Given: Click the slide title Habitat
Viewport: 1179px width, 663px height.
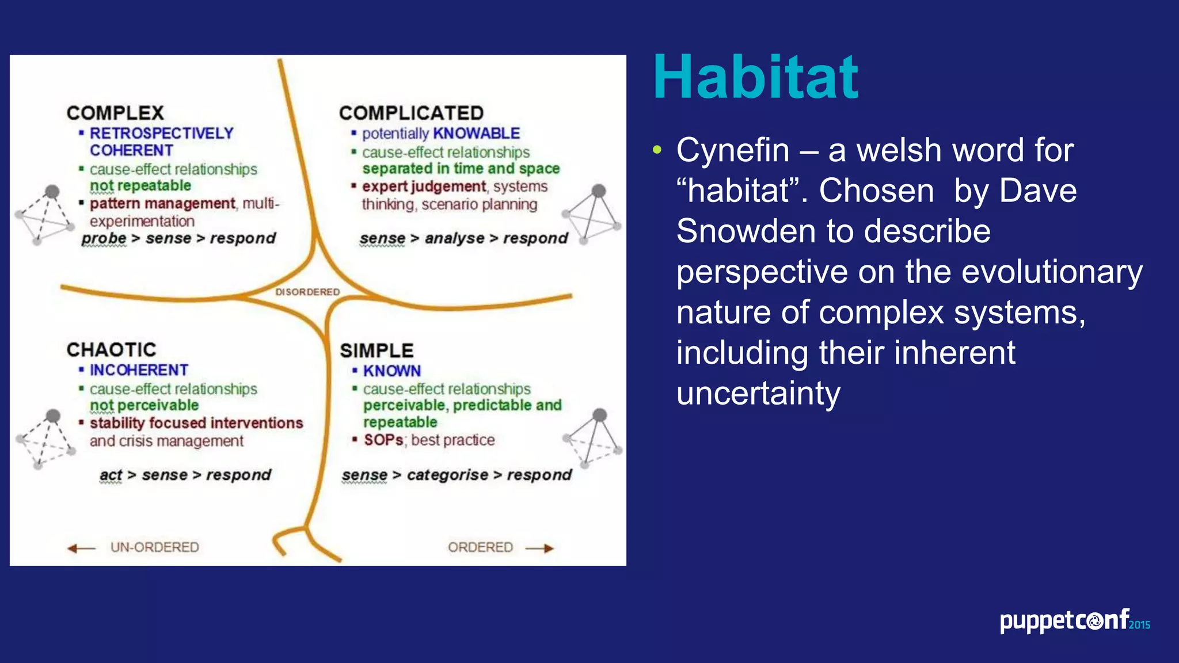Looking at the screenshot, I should tap(755, 77).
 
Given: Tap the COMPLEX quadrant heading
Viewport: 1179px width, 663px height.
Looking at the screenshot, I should tap(115, 113).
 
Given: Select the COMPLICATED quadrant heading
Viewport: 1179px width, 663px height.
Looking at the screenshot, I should tap(411, 113).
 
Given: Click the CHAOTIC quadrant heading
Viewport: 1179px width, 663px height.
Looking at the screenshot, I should tap(111, 349).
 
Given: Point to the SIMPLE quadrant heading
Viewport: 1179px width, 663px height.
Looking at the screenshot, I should tap(376, 350).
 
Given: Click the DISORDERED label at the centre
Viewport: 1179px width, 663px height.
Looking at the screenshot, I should tap(307, 292).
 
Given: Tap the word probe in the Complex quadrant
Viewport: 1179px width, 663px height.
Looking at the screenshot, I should tap(104, 238).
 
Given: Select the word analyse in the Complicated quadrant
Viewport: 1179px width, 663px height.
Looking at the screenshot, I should tap(454, 238).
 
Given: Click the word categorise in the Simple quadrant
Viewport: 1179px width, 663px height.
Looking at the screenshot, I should tap(447, 475).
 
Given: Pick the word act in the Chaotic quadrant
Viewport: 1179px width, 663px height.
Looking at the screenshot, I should tap(111, 475).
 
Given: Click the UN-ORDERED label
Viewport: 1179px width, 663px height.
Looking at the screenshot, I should tap(154, 547).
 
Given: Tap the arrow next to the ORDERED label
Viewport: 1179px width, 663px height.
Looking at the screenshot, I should tap(539, 548).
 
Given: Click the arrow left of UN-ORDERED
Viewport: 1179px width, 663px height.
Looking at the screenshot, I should tap(81, 548).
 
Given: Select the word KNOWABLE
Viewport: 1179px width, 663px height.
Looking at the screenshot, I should tap(476, 134).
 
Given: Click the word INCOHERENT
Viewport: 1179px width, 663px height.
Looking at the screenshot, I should tap(139, 370).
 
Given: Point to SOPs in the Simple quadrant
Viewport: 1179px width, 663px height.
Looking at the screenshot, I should tap(383, 440).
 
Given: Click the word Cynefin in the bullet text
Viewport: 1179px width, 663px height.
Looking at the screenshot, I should tap(732, 151).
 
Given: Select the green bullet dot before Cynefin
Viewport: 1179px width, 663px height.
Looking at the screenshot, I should tap(657, 151).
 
